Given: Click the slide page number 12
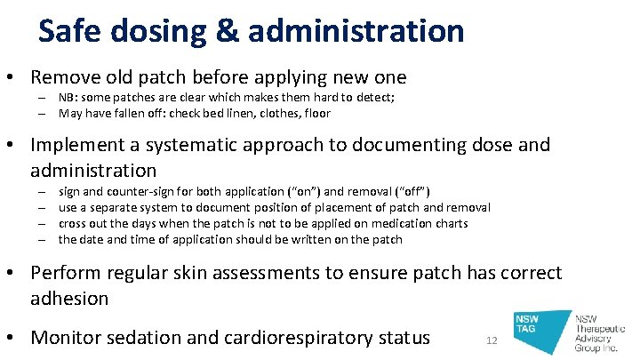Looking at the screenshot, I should click(x=493, y=341).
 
